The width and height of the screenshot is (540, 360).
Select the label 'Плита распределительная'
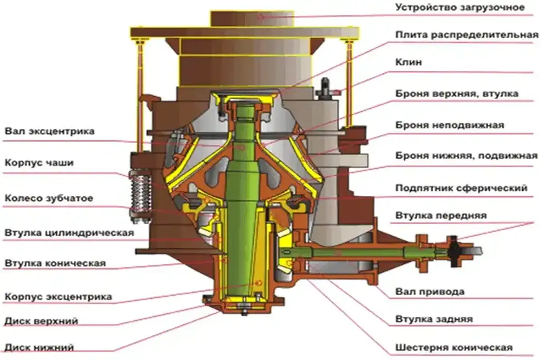coord(466,35)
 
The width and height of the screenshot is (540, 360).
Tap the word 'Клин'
coord(409,63)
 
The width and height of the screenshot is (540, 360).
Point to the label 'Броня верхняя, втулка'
coord(457,94)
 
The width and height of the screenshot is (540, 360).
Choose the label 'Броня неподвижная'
coord(450,125)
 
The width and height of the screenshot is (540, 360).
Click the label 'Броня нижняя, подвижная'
coord(466,156)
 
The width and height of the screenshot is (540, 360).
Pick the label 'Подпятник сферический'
coord(461,188)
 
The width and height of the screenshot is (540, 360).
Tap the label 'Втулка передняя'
coord(441,216)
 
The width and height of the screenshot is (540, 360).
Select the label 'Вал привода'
coord(430,292)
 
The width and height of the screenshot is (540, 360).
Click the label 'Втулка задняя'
coord(434,319)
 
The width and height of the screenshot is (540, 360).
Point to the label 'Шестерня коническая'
coord(454,348)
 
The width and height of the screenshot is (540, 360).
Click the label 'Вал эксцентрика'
coord(49,132)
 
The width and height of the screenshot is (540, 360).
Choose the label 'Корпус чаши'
coord(39,163)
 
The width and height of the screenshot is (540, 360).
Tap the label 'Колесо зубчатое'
coord(49,198)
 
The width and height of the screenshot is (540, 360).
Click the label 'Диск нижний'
coord(39,347)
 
